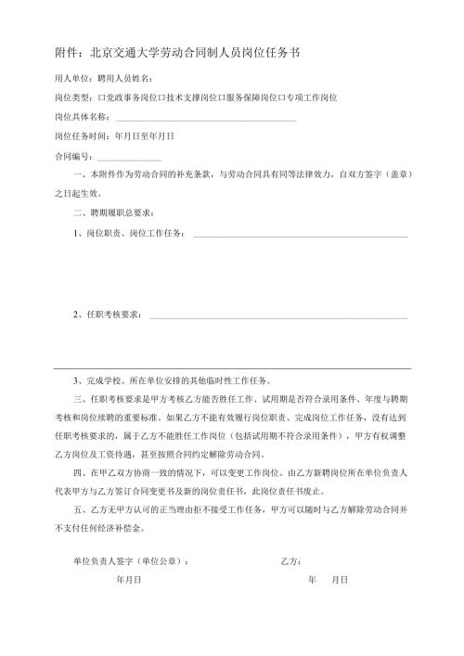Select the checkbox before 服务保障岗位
pos(229,97)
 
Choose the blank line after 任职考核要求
pos(277,318)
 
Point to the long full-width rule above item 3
pos(232,367)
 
